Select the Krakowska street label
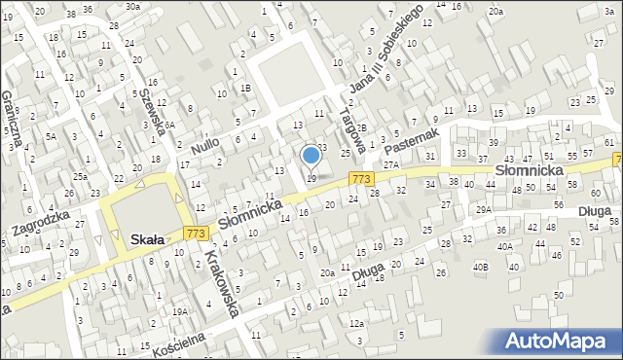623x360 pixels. coord(223,283)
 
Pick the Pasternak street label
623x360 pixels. coord(413,140)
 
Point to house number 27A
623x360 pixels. coord(391,166)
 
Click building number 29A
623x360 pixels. coord(484,210)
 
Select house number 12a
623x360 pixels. coord(356,323)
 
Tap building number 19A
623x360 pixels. coord(180,311)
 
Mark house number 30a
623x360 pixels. coord(132,6)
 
